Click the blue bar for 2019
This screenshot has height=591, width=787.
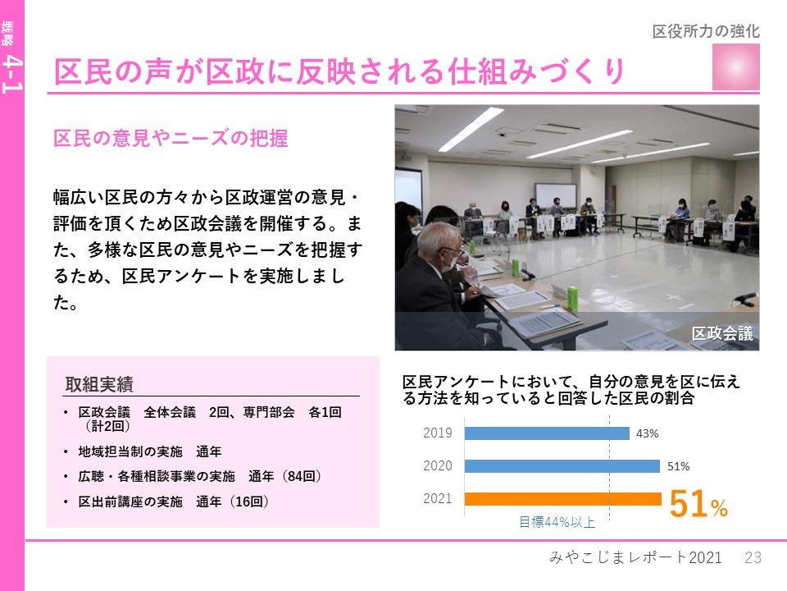coord(547,433)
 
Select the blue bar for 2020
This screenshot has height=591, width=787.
coord(562,466)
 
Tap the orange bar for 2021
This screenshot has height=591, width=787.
coord(563,499)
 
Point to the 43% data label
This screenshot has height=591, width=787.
coord(648,433)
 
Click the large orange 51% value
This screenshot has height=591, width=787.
coord(698,504)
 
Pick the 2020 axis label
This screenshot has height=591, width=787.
coord(437,466)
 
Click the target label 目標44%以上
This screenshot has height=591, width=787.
coord(557,522)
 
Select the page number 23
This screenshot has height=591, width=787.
coord(753,557)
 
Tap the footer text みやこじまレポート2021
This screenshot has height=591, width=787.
coord(635,557)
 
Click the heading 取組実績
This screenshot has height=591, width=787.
coord(99,384)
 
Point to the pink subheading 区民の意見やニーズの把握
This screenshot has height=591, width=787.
coord(171,138)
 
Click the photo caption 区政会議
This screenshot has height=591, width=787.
coord(722,333)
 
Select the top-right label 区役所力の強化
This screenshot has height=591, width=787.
coord(706,31)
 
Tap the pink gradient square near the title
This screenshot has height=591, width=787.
coord(736,66)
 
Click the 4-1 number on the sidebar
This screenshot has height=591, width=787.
coord(11,75)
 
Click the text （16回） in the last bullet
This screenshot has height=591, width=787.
coord(249,502)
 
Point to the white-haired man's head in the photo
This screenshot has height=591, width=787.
coord(438,245)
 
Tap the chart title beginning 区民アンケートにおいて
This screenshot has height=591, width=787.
coord(571,390)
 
